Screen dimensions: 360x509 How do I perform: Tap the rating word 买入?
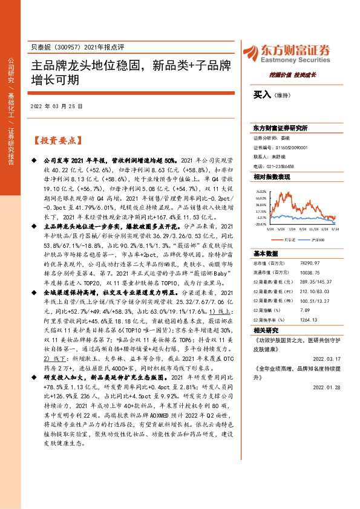(x=262, y=95)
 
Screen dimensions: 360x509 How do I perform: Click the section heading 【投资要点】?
(x=55, y=140)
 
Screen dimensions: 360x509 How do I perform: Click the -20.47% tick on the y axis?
(x=260, y=224)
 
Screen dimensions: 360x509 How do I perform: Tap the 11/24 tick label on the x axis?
(x=313, y=229)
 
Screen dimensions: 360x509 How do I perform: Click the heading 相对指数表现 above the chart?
(x=271, y=177)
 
